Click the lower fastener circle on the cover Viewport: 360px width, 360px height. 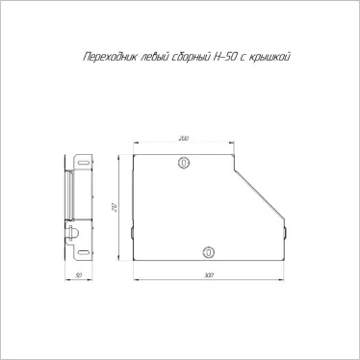pyautogui.click(x=209, y=252)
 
